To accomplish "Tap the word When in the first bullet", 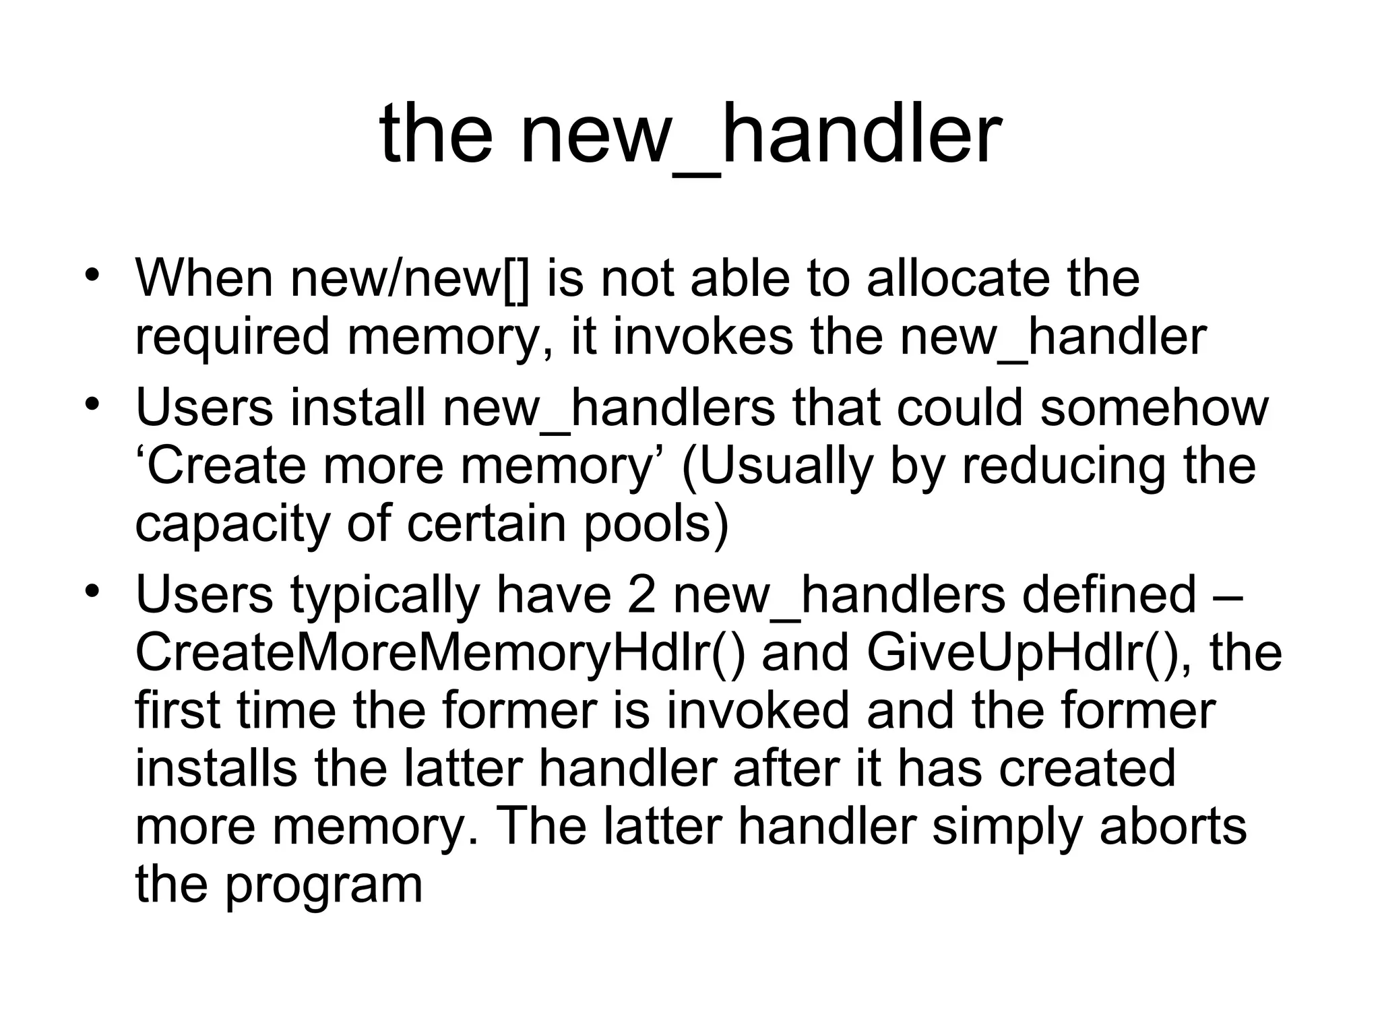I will (x=204, y=278).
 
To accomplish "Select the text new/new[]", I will (x=410, y=278).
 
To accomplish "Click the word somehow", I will (x=1154, y=407).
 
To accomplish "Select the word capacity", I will (x=232, y=524).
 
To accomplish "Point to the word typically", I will (x=385, y=594).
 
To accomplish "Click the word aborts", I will (x=1173, y=826).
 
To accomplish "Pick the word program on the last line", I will (x=323, y=885).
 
